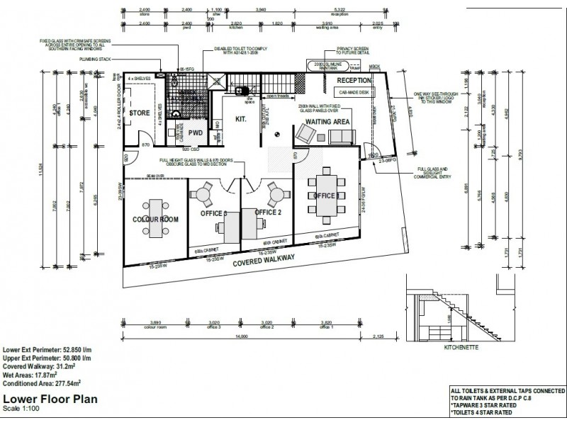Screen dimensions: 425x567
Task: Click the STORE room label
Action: (139, 113)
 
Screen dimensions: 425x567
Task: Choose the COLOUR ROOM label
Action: (155, 220)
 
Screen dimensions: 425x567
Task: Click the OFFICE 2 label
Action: (269, 212)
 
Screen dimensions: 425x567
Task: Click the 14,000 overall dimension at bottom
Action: (262, 336)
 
